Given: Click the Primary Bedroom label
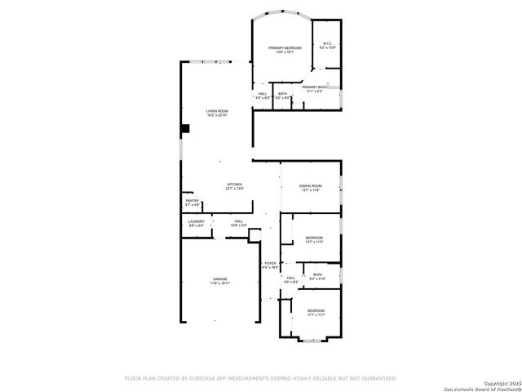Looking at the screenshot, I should [x=281, y=48].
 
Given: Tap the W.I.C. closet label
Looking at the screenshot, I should [x=327, y=44].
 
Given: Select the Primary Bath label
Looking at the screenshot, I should [x=314, y=87].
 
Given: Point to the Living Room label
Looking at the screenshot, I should [x=217, y=111].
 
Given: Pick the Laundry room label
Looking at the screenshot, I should [x=196, y=220].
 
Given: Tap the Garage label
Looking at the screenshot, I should [x=220, y=279].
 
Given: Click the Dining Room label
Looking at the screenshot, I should [x=312, y=186].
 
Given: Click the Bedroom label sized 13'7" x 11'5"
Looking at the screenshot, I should [x=314, y=238].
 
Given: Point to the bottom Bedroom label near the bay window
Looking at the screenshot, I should [x=316, y=310].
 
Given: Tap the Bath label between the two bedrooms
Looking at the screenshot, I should [x=317, y=274].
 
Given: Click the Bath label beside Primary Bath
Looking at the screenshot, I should [x=282, y=93].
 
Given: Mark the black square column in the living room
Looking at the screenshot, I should [x=185, y=128].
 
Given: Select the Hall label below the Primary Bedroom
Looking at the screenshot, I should [x=263, y=93].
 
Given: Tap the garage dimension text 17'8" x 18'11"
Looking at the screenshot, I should [x=220, y=284].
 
